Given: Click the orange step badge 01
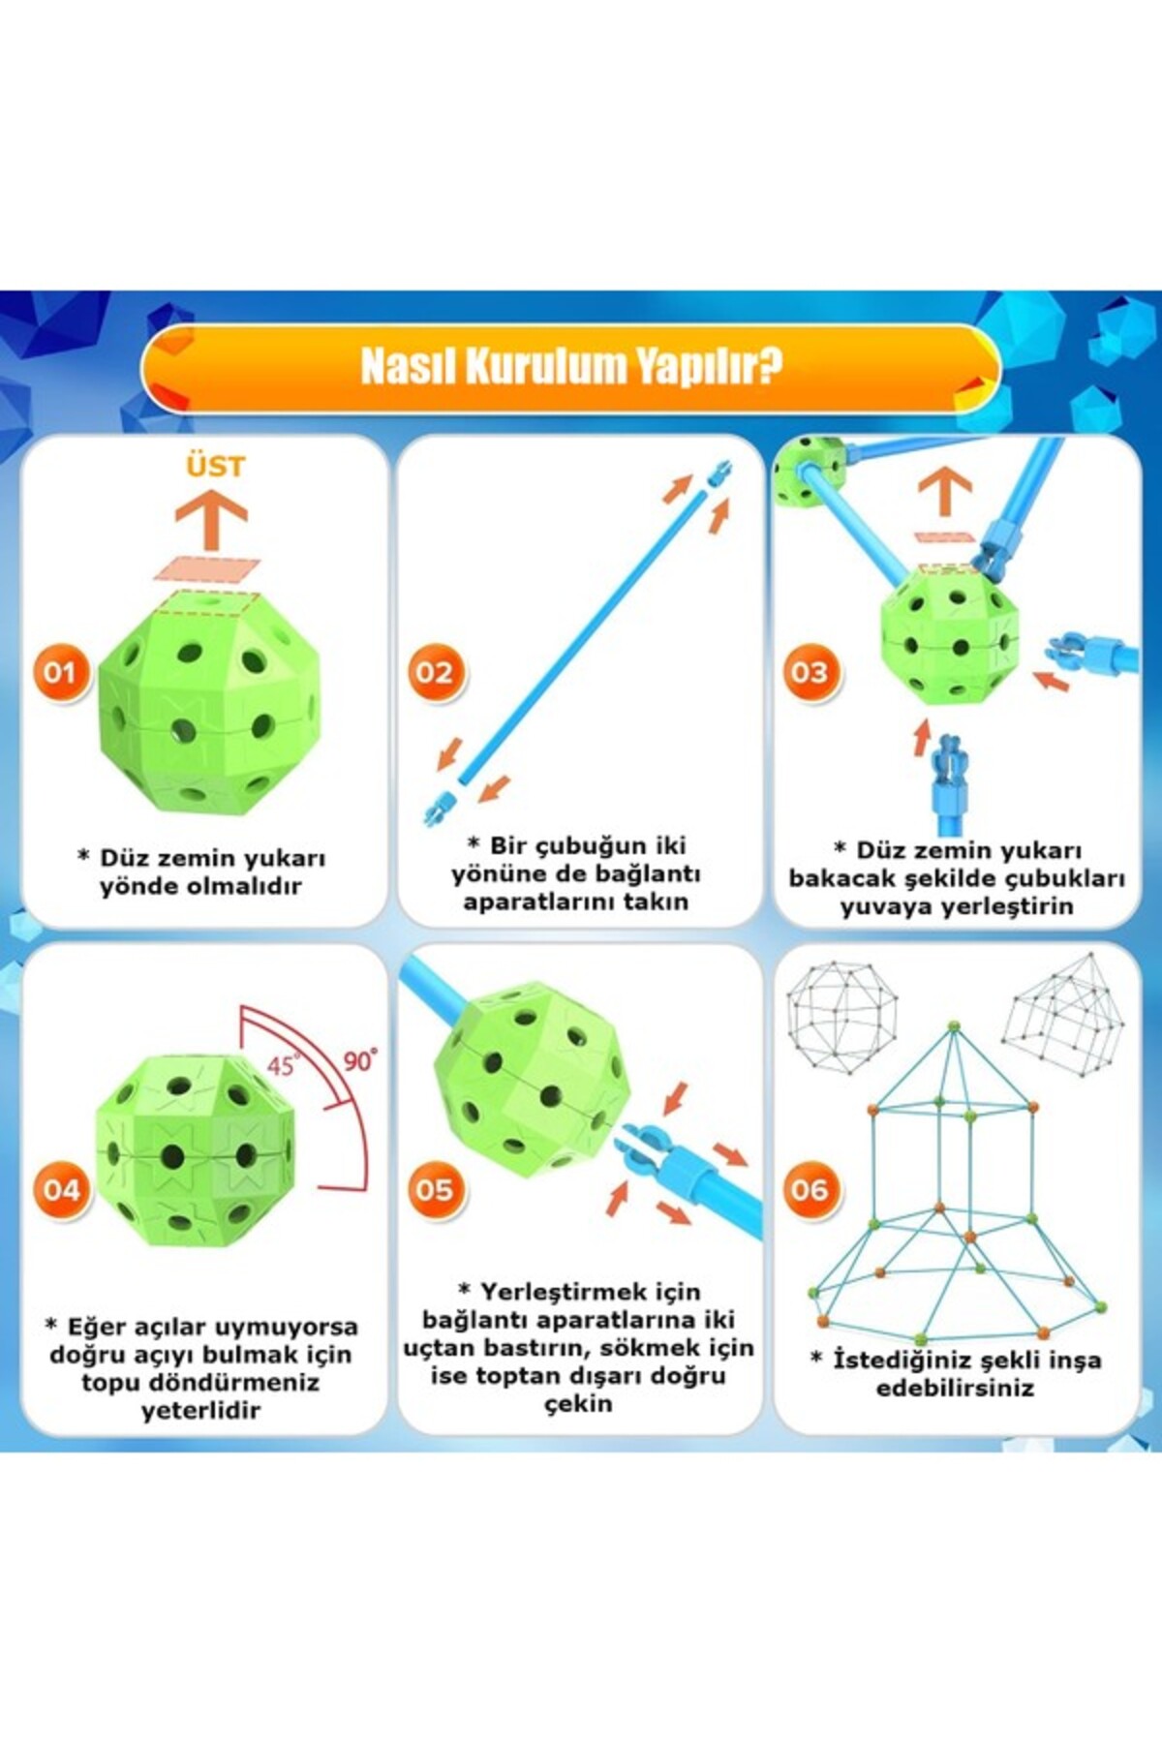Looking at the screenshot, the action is (59, 672).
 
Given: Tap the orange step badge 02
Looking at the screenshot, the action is (434, 672).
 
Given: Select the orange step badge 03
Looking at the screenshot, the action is (810, 672).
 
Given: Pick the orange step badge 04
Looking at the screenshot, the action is (59, 1190).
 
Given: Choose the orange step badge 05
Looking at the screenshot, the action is (434, 1190).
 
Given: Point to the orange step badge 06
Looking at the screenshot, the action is (810, 1190).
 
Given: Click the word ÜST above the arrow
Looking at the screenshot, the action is (215, 467).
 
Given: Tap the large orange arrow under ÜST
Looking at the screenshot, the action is (211, 518).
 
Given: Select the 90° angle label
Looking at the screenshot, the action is (360, 1060).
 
